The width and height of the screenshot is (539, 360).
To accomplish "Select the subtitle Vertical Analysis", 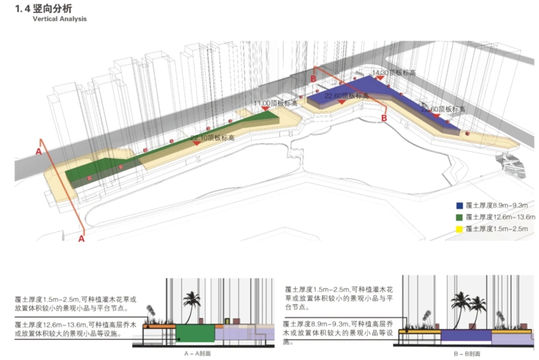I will tap(59, 19).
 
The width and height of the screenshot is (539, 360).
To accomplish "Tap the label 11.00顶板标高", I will tap(276, 104).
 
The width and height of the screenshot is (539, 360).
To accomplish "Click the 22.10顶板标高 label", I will tap(213, 136).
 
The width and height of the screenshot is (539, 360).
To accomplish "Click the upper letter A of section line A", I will tap(39, 151).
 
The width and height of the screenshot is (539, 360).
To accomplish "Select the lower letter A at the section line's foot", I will tap(62, 238).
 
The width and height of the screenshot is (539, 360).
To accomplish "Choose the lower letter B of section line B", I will tap(384, 117).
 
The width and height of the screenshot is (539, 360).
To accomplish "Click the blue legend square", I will tap(458, 204).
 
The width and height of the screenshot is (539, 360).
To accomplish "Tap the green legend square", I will tap(458, 217).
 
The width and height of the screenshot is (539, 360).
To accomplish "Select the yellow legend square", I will tap(458, 229).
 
